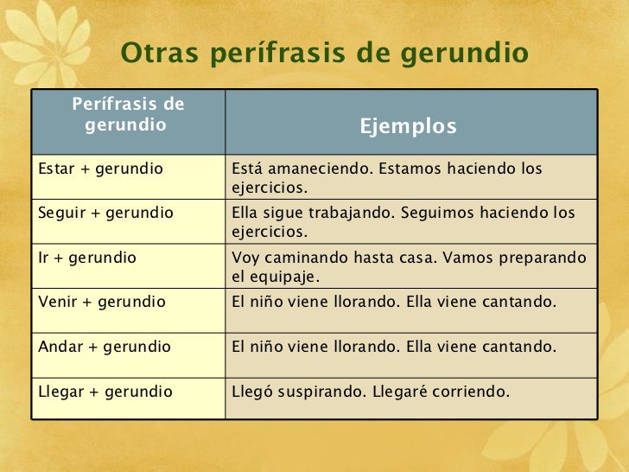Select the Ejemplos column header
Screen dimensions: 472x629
tap(408, 127)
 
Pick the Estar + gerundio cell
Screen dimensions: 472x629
tap(101, 169)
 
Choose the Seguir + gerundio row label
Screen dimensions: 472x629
tap(106, 213)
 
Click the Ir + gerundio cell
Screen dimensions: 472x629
tap(86, 258)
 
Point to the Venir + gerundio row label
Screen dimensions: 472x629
tap(103, 303)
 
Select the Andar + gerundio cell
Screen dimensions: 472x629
tap(105, 348)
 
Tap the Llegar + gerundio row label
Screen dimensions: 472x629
tap(105, 392)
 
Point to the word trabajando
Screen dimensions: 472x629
tap(346, 213)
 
